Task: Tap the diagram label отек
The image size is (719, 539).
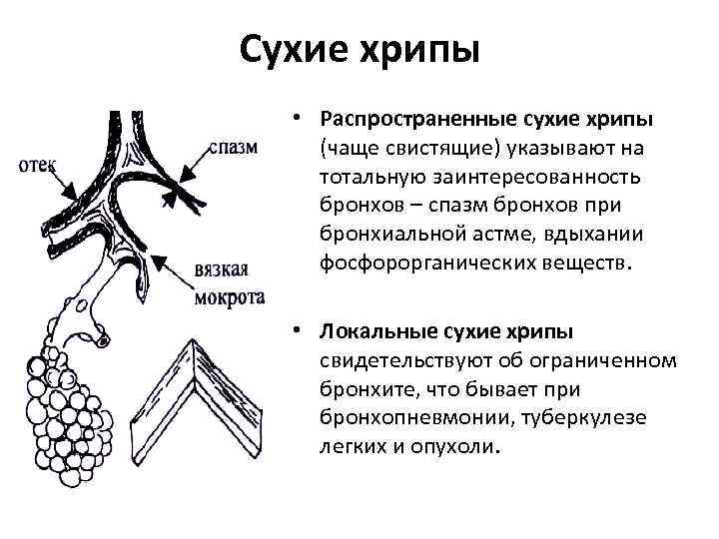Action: pyautogui.click(x=38, y=165)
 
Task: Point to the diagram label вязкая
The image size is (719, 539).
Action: pyautogui.click(x=222, y=271)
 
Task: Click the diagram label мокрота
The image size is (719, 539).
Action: pyautogui.click(x=231, y=296)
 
